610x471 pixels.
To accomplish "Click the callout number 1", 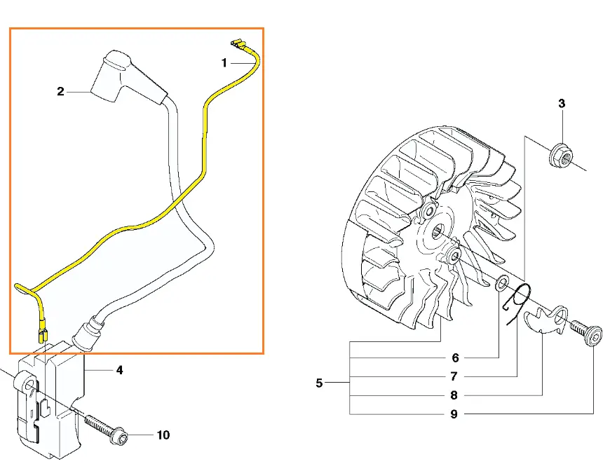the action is [x=224, y=62].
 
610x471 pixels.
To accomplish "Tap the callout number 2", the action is [x=60, y=91].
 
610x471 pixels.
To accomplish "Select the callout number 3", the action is [x=562, y=104].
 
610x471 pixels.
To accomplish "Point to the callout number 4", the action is [x=120, y=370].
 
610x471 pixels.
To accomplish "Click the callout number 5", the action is [x=319, y=383].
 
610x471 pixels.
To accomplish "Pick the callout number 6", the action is [x=455, y=357].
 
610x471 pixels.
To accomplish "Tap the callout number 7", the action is [x=454, y=376].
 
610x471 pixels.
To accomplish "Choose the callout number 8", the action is [x=454, y=395].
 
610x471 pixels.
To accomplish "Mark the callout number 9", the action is [x=454, y=414].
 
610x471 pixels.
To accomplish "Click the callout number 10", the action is [x=163, y=435].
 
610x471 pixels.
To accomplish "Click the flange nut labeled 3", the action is [x=562, y=156].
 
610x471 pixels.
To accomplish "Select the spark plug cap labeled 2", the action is [x=128, y=78].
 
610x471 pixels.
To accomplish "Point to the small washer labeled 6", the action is [x=502, y=283].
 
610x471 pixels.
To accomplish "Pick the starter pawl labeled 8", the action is [x=545, y=318].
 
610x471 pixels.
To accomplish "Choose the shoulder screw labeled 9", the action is [x=586, y=332].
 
